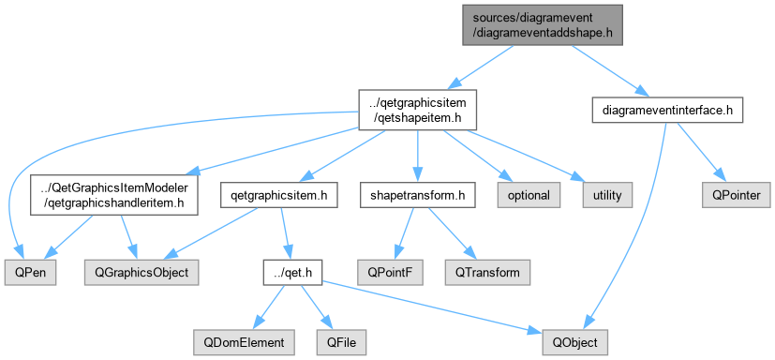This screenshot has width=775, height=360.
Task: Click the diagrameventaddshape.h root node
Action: pos(543,25)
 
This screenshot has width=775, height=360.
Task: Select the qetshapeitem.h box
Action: pos(418,110)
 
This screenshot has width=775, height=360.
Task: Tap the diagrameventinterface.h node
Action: pos(667,111)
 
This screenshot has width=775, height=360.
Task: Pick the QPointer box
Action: pos(736,195)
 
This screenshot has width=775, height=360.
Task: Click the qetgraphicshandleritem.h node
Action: pos(114,195)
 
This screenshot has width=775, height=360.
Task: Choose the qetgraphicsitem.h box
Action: pos(280,195)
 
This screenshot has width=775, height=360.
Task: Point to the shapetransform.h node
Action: pos(418,195)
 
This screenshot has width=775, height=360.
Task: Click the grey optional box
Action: pos(529,195)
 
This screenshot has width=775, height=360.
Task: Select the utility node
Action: pos(607,195)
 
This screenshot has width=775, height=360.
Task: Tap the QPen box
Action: pos(30,272)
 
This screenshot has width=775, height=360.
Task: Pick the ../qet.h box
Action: pos(292,272)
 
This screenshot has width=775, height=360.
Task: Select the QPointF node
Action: pos(391,272)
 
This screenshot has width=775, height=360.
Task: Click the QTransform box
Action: pos(487,272)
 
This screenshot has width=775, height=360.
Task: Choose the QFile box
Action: pos(341,342)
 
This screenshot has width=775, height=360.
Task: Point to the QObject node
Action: pos(574,342)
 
